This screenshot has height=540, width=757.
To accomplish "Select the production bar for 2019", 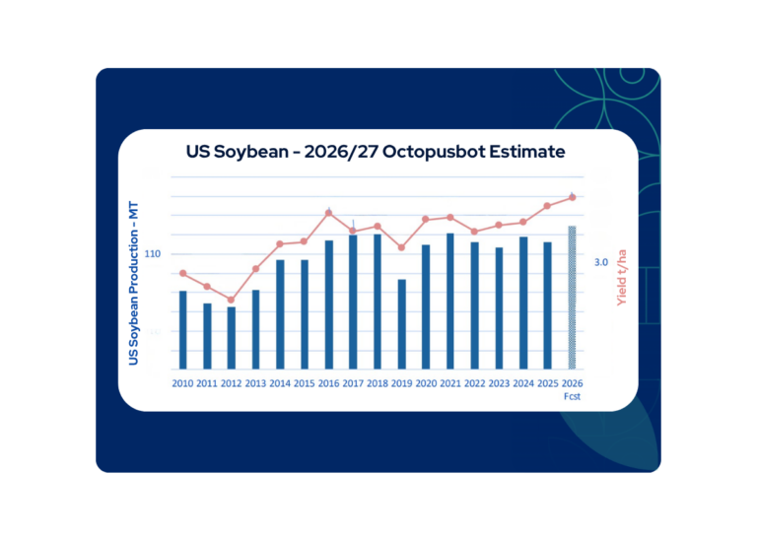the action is (402, 324).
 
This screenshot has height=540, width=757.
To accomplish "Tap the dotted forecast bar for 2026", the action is (572, 298).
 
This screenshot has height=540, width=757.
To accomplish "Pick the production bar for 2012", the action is (232, 338).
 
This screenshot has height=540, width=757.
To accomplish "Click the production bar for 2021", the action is (449, 302).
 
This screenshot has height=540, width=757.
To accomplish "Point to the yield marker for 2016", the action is (329, 213).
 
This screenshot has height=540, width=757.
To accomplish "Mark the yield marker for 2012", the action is (231, 300).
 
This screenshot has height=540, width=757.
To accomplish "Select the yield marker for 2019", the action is (402, 247).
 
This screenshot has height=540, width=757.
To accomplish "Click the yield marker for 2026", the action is (573, 197).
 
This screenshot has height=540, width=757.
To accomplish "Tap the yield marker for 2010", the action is (183, 273).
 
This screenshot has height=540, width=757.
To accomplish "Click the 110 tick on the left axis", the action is (153, 254).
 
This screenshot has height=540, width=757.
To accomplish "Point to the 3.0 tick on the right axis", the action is (601, 262).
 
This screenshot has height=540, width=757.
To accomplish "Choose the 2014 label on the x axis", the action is (280, 383).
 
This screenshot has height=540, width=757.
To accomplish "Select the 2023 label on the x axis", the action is (499, 383).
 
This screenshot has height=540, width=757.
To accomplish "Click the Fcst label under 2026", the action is (572, 397).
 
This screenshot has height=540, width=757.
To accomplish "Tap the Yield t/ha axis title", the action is (621, 278).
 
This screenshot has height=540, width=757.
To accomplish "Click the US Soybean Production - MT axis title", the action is (133, 283).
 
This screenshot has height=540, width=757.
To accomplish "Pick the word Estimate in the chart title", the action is (526, 152).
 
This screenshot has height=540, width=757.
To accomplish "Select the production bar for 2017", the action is (353, 303).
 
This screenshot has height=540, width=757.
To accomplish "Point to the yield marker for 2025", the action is (547, 206).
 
